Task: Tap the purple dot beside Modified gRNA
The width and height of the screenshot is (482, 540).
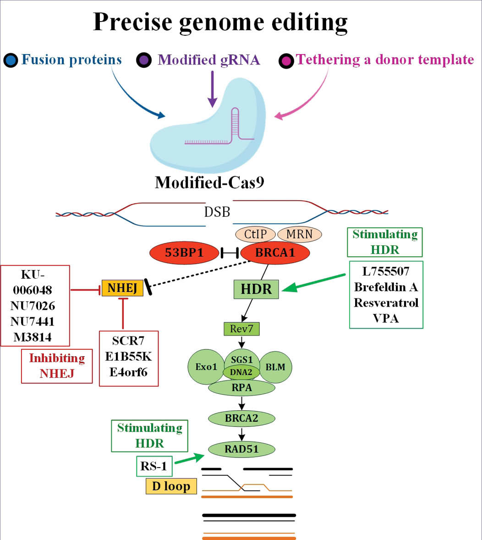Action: click(144, 60)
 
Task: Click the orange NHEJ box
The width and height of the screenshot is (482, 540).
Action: click(122, 288)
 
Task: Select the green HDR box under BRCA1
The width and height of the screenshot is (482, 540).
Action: click(257, 289)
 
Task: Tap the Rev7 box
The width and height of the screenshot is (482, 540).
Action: click(241, 329)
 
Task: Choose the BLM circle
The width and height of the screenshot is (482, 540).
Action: click(275, 367)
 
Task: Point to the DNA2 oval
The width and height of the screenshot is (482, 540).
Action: click(241, 372)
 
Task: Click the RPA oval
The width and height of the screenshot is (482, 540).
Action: click(241, 388)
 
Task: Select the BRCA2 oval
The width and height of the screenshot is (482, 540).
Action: click(241, 418)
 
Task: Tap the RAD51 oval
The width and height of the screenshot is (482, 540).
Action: click(241, 449)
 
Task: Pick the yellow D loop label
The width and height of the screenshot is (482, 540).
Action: click(171, 486)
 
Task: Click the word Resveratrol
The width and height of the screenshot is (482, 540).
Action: click(386, 303)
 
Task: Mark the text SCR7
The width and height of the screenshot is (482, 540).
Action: click(129, 341)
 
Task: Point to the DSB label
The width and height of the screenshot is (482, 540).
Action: click(217, 212)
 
